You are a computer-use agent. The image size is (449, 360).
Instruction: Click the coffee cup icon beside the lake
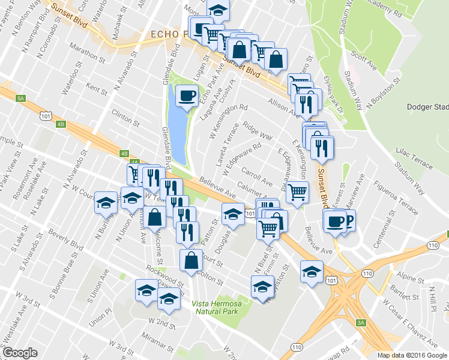click(185, 95)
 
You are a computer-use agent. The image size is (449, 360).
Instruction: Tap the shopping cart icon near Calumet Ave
click(297, 193)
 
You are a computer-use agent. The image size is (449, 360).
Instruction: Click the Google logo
click(19, 353)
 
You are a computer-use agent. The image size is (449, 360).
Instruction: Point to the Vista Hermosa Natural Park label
click(216, 308)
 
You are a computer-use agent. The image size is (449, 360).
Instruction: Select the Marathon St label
click(87, 55)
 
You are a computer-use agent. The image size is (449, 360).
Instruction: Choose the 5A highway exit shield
click(22, 98)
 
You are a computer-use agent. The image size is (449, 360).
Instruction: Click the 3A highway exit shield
click(361, 323)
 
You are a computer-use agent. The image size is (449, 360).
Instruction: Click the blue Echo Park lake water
click(177, 129)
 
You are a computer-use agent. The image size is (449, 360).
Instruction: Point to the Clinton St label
click(125, 118)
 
